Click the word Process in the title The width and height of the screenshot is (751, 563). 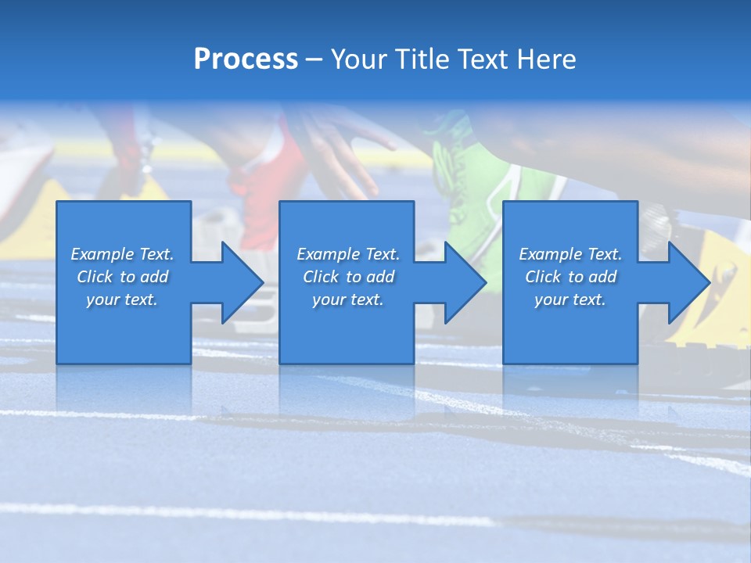[246, 59]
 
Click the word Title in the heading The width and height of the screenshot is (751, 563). [420, 59]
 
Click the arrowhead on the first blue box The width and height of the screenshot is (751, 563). [239, 282]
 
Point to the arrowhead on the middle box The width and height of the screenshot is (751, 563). [462, 282]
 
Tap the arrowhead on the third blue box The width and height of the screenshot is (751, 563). [686, 282]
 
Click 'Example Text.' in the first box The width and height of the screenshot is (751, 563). [122, 254]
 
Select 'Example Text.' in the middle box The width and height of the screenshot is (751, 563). [348, 254]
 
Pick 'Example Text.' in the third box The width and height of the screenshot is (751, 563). [570, 254]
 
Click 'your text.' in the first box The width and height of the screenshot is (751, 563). [122, 299]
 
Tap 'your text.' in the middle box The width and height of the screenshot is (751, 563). [348, 299]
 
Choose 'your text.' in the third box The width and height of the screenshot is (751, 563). [570, 299]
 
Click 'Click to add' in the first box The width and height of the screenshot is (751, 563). [122, 277]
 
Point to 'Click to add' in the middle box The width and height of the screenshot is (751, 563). [348, 277]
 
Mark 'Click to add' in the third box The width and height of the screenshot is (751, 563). [570, 277]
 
